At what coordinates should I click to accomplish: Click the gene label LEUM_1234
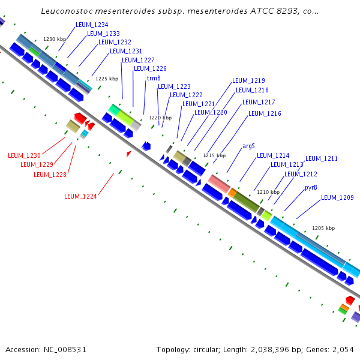point(92,25)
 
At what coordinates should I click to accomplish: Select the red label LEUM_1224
point(80,196)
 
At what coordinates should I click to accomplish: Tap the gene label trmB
point(153,78)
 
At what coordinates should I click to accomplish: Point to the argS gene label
point(248,146)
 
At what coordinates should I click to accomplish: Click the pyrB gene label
point(311,188)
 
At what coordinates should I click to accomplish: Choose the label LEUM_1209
point(337,197)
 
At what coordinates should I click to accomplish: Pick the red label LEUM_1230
point(24,156)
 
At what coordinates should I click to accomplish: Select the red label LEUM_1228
point(50,175)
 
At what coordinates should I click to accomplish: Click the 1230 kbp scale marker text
point(55,39)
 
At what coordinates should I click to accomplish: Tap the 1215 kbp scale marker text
point(214,155)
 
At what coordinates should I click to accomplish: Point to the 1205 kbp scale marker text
point(323,229)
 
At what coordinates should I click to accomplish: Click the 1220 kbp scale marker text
point(160,118)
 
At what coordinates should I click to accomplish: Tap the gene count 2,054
point(343,349)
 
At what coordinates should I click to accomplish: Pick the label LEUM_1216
point(265,113)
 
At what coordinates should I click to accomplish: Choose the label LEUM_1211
point(322,159)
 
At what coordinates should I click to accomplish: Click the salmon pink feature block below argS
point(219,184)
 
